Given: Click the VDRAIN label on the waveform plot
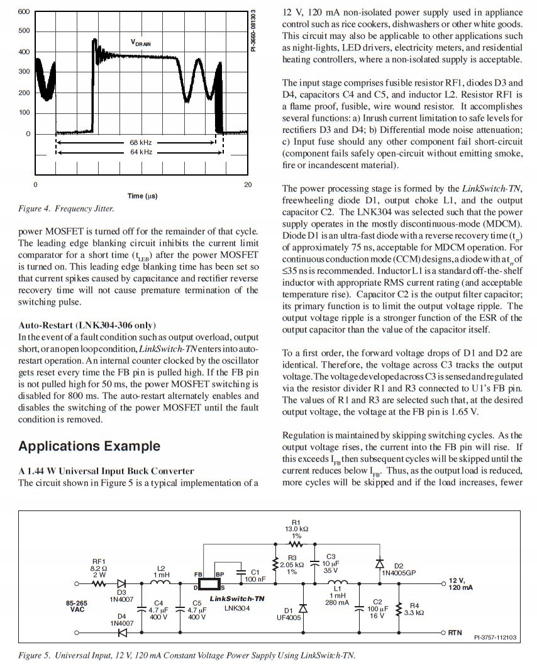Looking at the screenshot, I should (x=141, y=42).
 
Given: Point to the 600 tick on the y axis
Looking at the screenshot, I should (x=23, y=12).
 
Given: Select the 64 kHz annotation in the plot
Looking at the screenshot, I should (x=141, y=152).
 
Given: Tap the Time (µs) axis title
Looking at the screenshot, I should (x=142, y=196).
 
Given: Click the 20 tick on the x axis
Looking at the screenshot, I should (x=248, y=184).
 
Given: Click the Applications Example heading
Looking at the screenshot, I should (x=89, y=446).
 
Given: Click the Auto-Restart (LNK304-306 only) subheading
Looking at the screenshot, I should (x=86, y=325).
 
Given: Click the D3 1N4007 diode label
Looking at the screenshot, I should (x=121, y=595).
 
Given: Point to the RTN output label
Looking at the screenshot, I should (x=455, y=632).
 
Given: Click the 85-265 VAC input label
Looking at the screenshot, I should (x=77, y=606).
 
